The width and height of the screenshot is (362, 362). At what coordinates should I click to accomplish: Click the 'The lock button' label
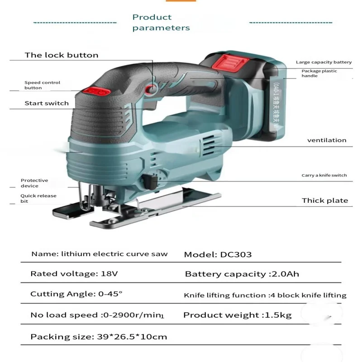coord(61,55)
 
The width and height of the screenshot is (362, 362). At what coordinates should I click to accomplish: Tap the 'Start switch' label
coord(47,103)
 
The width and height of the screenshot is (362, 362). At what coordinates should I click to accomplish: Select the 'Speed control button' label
coord(42,85)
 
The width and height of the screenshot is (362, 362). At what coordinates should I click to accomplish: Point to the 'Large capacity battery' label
coord(324,62)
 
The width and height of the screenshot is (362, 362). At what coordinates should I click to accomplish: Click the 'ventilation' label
coord(327,140)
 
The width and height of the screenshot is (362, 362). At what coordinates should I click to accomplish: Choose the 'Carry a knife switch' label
coord(324,175)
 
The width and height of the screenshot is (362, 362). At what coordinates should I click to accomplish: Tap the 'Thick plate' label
coord(325,200)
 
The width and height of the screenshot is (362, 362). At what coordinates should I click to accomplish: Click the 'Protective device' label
coord(34,183)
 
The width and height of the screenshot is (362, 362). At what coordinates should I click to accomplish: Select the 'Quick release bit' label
coord(38,198)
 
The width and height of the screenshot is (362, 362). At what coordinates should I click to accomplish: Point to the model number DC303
coord(236,254)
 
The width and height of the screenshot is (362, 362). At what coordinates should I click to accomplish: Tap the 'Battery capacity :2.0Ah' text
coord(242,274)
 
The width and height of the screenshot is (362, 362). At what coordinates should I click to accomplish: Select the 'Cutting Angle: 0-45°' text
coord(76,294)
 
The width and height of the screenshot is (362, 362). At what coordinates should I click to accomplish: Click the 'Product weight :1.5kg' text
coord(238,315)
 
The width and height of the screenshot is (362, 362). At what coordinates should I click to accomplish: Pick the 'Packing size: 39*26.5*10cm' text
coord(99,337)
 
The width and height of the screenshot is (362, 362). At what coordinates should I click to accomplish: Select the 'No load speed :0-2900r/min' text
coord(96,315)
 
